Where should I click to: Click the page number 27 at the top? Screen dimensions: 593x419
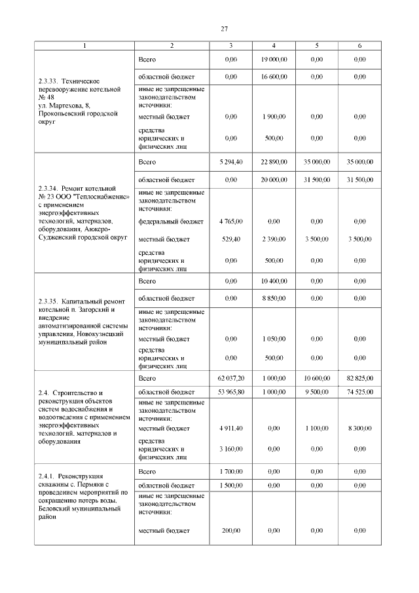click(x=224, y=29)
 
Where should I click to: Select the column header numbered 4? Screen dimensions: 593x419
click(x=274, y=46)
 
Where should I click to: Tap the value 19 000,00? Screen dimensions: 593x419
click(x=274, y=60)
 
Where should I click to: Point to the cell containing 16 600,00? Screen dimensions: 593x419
click(x=274, y=77)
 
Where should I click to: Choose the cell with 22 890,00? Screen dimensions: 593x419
click(x=274, y=161)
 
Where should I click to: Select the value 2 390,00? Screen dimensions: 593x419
click(x=274, y=239)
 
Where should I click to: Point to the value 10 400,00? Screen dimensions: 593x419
click(x=274, y=281)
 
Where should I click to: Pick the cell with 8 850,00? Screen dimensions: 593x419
click(x=274, y=298)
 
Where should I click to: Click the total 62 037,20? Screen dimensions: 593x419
click(x=231, y=379)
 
